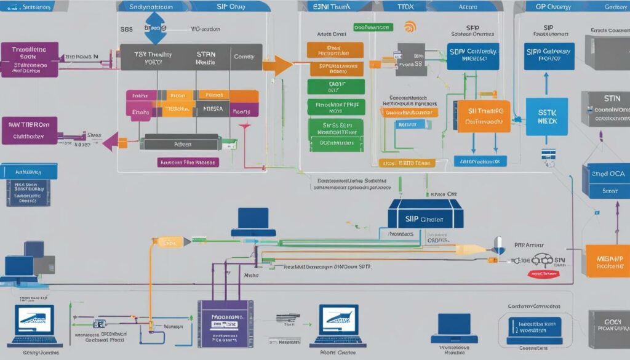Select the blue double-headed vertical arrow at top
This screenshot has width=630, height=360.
click(155, 28)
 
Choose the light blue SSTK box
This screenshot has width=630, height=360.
click(543, 117)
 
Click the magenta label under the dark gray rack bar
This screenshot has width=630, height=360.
click(187, 162)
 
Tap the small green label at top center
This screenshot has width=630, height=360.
click(373, 28)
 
